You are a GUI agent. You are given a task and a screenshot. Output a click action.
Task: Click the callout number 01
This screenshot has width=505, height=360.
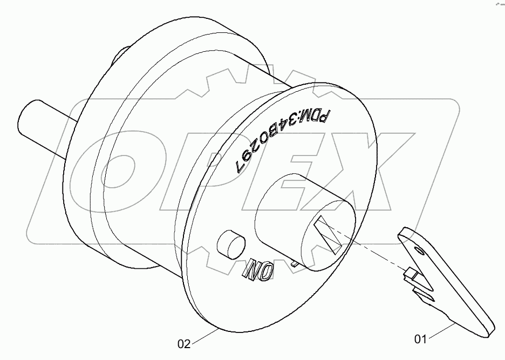420,339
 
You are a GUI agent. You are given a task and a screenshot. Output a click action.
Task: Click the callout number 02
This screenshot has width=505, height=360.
184,344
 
